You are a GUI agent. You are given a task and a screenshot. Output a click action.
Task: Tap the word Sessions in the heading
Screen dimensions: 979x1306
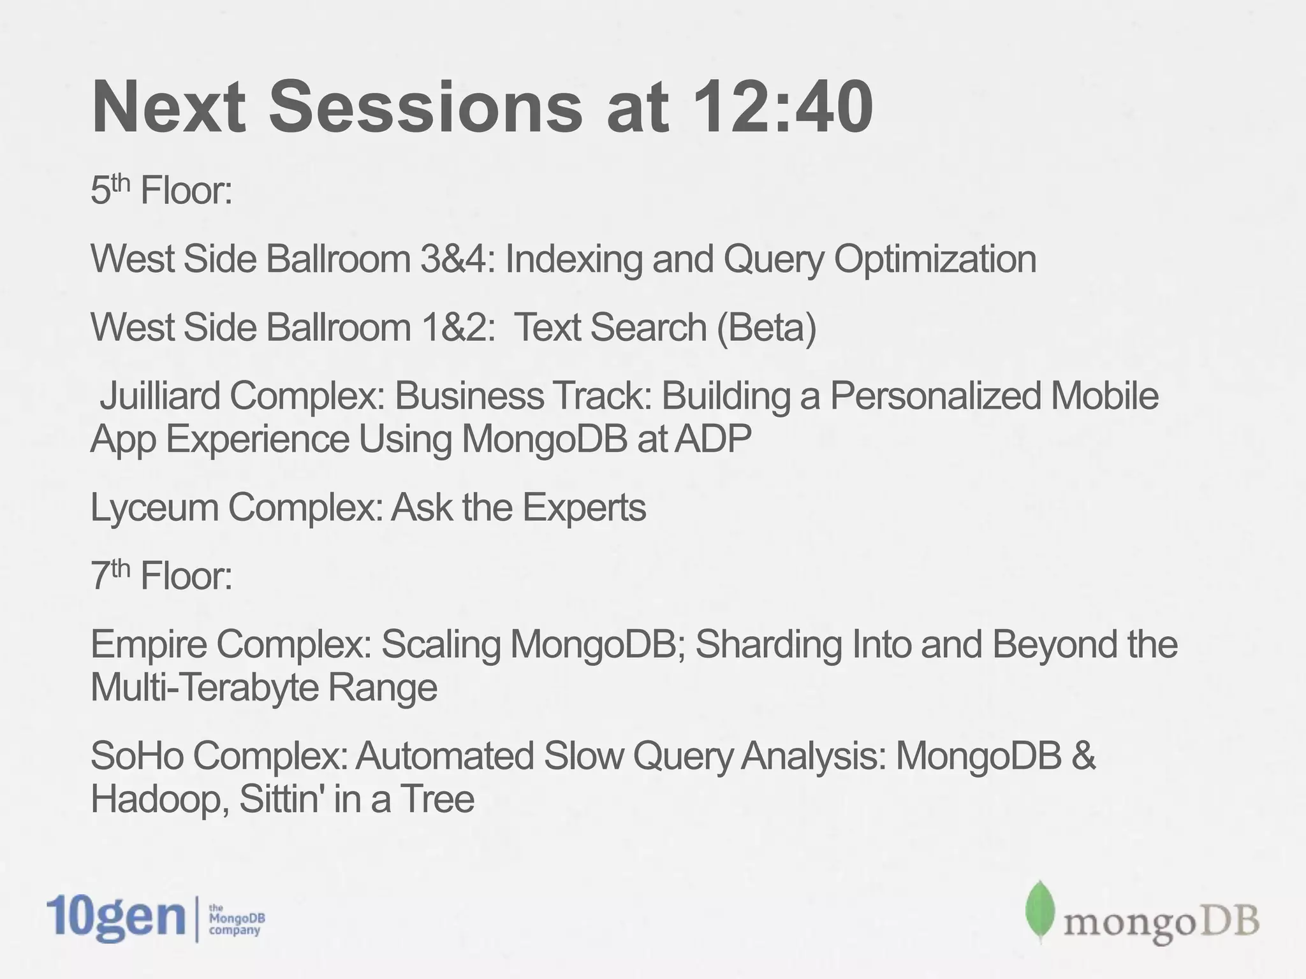[x=425, y=107]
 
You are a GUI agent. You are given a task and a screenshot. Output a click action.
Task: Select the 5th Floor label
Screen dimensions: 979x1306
[x=161, y=190]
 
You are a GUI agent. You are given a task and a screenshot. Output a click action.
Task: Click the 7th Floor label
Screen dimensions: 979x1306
[x=161, y=575]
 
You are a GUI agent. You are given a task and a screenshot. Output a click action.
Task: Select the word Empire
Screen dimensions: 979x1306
[x=149, y=644]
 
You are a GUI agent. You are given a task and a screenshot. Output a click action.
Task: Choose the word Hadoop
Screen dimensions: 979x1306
[x=159, y=799]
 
